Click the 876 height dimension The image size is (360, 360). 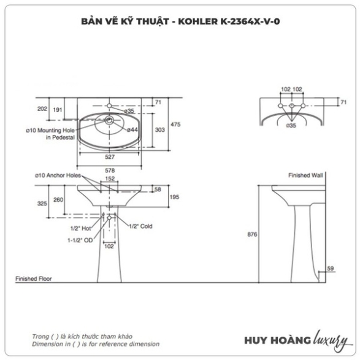pos(252,234)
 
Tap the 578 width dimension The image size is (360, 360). pos(110,170)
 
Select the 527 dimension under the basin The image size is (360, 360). pos(110,157)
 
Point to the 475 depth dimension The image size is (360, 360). pos(175,124)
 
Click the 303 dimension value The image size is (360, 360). pos(160,130)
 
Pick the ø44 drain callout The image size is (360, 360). pos(132,130)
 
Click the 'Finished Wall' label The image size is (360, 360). pos(305,175)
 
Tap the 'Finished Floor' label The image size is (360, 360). pos(34,278)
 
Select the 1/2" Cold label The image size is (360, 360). pos(140,226)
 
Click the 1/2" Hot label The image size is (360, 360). pos(80,228)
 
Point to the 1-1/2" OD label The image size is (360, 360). pos(80,240)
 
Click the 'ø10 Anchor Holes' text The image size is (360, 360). pos(58,175)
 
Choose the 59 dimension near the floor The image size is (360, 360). pos(330,268)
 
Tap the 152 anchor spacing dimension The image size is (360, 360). pos(110,178)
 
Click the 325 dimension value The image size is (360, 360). pos(42,204)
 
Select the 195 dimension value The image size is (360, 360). pos(174,197)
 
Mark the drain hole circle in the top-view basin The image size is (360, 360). pos(109,120)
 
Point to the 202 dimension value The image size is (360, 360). pos(42,109)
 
